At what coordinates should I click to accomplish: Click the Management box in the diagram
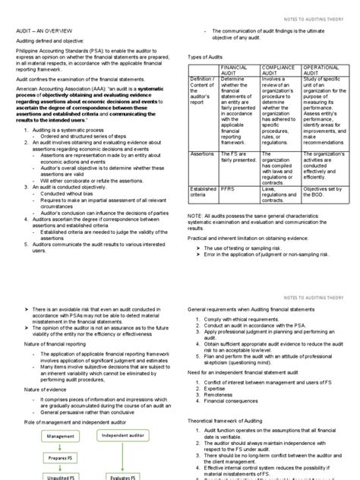pyautogui.click(x=61, y=437)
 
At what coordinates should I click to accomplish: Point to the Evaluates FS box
pyautogui.click(x=122, y=477)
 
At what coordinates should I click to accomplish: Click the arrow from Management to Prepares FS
pyautogui.click(x=61, y=447)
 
